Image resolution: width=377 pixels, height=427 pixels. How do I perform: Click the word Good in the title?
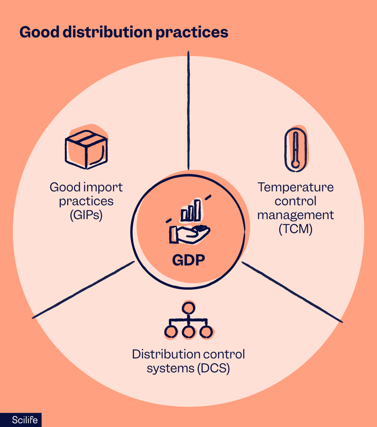[38, 32]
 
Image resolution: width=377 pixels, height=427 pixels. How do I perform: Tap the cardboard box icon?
[86, 149]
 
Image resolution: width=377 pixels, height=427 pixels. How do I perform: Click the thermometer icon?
[295, 149]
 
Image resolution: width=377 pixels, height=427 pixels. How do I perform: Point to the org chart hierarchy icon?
[188, 320]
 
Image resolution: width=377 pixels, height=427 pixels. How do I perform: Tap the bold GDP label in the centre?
[188, 261]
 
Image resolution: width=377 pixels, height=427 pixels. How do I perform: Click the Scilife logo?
[21, 420]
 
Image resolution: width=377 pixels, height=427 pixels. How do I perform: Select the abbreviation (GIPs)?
[86, 215]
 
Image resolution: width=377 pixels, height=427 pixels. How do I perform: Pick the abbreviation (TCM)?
[295, 229]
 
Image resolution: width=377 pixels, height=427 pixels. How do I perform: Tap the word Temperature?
[295, 187]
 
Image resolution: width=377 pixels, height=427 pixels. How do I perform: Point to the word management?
[295, 215]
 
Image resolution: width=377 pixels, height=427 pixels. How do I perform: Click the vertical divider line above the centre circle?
[188, 111]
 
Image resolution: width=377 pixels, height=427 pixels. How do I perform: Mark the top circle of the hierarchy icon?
[188, 307]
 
